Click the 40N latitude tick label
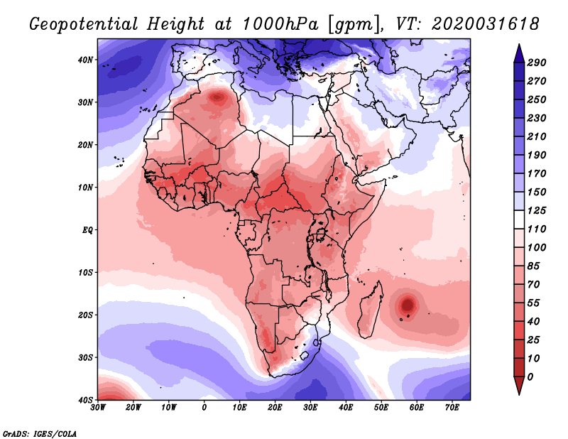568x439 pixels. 84,60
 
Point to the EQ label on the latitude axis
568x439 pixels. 86,230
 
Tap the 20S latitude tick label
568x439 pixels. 84,315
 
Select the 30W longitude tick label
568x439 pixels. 98,408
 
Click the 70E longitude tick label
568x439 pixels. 452,408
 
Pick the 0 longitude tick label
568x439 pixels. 204,408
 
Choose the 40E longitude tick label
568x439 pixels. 346,408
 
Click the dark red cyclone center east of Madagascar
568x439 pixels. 408,305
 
